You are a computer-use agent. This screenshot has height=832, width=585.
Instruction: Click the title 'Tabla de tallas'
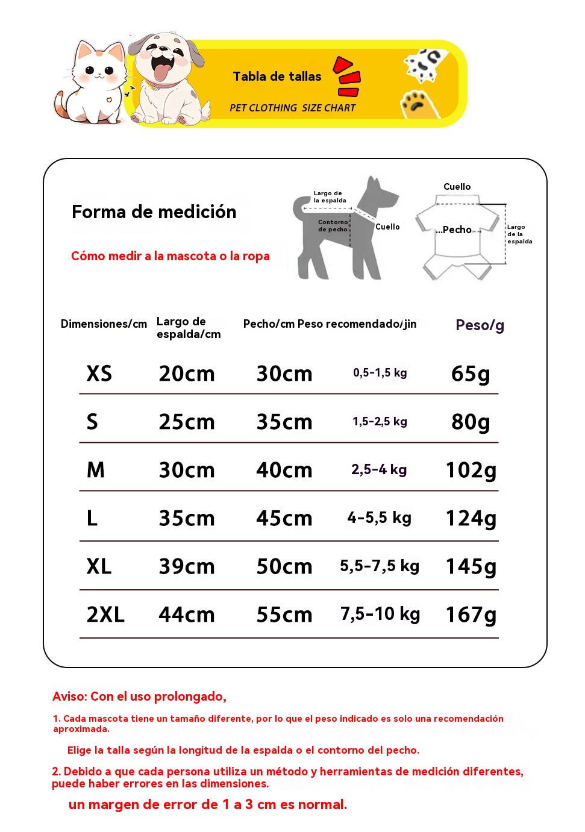[277, 77]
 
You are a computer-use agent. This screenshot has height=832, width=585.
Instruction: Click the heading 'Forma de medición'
[154, 212]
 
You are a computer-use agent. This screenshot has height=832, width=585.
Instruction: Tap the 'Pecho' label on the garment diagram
[457, 230]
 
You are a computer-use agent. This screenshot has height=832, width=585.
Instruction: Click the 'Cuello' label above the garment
[457, 187]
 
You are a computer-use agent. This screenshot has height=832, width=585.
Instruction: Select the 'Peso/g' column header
[480, 325]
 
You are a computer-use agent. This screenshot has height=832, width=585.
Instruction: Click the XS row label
[99, 374]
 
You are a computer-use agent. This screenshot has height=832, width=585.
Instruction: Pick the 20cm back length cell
[187, 374]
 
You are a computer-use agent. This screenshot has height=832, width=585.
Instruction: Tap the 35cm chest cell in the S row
[284, 422]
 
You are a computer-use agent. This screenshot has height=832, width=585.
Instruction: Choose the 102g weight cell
[471, 470]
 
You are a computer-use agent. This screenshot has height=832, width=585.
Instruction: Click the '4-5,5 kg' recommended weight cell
[380, 518]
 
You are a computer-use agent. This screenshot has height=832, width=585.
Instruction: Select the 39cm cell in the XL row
[187, 566]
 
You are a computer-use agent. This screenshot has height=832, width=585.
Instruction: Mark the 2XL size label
[105, 615]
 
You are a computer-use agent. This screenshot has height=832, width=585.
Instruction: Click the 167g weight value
[471, 615]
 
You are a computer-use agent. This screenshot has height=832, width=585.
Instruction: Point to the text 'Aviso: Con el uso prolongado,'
[139, 696]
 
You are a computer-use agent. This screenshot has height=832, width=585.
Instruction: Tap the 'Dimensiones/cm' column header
[104, 324]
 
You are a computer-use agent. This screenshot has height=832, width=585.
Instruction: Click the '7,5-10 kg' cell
[380, 615]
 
